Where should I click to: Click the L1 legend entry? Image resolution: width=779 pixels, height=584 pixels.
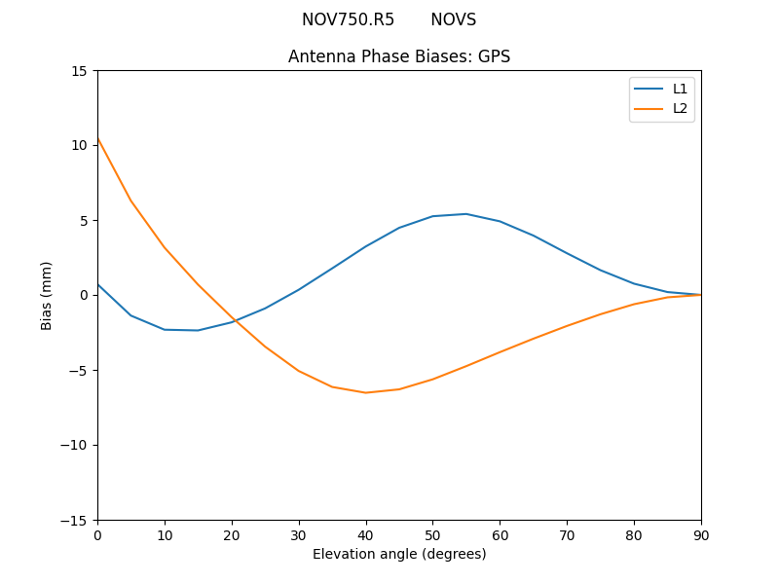[x=680, y=89]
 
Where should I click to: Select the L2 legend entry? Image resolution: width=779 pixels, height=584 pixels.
[x=680, y=108]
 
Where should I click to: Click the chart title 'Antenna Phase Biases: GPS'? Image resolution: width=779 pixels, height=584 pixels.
[x=399, y=56]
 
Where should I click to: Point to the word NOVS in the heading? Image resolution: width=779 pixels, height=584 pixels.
[x=453, y=19]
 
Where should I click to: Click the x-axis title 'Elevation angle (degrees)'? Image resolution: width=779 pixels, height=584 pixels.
[x=399, y=554]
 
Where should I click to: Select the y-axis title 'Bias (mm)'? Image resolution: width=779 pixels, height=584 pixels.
[x=47, y=295]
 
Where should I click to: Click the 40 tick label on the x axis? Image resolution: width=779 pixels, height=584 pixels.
[x=366, y=534]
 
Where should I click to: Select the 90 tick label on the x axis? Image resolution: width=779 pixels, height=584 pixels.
[x=701, y=534]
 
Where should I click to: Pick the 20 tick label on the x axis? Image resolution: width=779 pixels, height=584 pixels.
[x=232, y=534]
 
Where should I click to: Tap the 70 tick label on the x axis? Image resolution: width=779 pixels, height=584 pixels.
[x=567, y=534]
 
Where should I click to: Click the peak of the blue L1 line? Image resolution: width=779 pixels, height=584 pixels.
[x=466, y=213]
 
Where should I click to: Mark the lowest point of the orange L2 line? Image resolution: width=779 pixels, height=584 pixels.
[x=366, y=392]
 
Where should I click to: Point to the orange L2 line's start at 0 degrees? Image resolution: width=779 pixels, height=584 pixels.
[x=98, y=139]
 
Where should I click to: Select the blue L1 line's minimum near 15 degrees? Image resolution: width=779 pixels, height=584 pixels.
[x=198, y=330]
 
